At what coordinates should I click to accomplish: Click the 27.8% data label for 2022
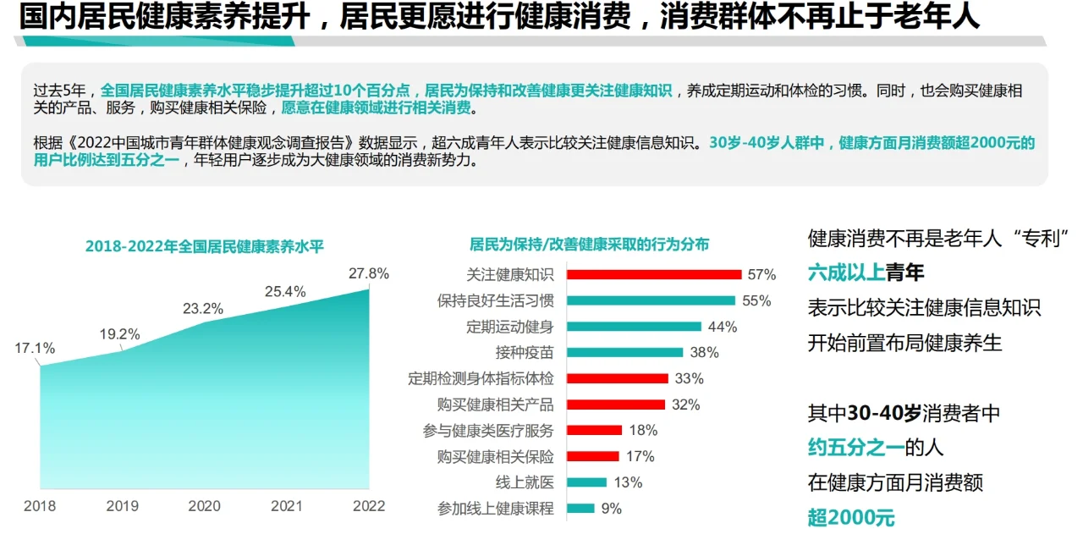pyautogui.click(x=368, y=273)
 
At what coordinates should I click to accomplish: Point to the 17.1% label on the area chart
pyautogui.click(x=35, y=348)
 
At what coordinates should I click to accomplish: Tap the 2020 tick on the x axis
pyautogui.click(x=203, y=506)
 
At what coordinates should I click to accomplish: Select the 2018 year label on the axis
pyautogui.click(x=40, y=506)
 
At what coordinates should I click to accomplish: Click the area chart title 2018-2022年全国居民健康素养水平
pyautogui.click(x=205, y=246)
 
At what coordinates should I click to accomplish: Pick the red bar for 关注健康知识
pyautogui.click(x=653, y=274)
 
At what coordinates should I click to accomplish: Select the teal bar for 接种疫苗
pyautogui.click(x=624, y=352)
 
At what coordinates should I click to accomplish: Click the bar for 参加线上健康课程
pyautogui.click(x=580, y=509)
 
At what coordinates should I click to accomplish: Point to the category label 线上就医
pyautogui.click(x=525, y=482)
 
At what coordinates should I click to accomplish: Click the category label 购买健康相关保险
pyautogui.click(x=495, y=456)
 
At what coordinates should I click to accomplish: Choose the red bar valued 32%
pyautogui.click(x=616, y=405)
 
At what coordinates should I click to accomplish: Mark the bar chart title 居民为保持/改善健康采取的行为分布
pyautogui.click(x=589, y=245)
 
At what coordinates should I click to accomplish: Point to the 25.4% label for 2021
pyautogui.click(x=285, y=292)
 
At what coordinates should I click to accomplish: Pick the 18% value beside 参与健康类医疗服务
pyautogui.click(x=642, y=430)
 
